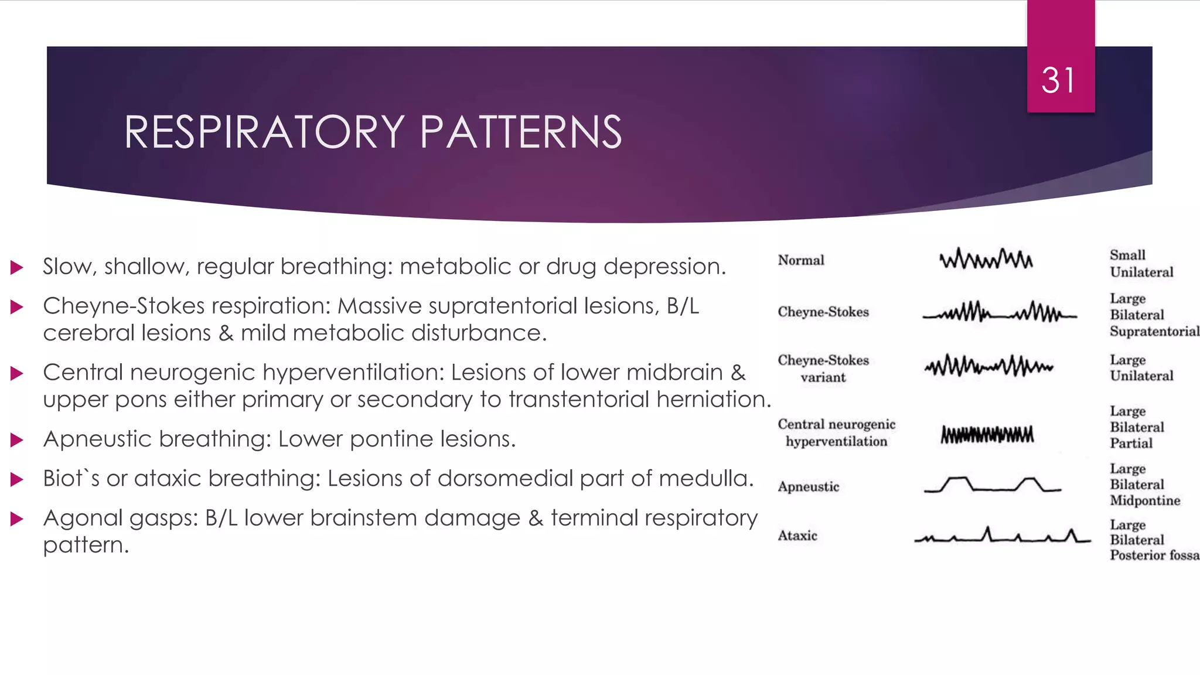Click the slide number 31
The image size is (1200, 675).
point(1058,80)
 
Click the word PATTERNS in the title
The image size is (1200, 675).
point(520,132)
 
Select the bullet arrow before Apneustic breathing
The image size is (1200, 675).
point(17,440)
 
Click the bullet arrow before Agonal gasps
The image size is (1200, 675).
point(17,519)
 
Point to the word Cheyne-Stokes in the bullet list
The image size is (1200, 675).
point(124,306)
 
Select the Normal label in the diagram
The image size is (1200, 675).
point(801,260)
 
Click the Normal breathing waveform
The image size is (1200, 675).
point(986,259)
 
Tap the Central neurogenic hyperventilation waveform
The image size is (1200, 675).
point(987,435)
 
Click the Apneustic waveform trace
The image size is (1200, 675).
point(992,485)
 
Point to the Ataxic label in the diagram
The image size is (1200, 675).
point(797,536)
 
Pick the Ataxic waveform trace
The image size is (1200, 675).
point(1002,536)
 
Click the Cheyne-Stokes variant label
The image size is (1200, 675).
point(823,369)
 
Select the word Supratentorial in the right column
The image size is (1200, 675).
point(1154,332)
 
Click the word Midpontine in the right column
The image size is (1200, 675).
point(1145,500)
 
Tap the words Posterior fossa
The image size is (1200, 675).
point(1154,555)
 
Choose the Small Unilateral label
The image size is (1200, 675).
point(1141,264)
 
